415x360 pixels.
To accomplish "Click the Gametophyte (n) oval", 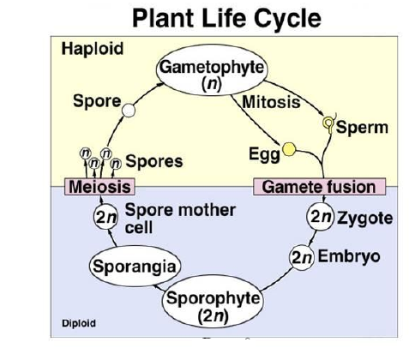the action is [212, 69].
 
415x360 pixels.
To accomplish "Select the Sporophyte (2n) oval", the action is [213, 302].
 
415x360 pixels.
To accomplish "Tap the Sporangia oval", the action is [135, 266].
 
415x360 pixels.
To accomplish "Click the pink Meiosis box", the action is [99, 187].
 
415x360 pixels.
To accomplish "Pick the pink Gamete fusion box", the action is [319, 187].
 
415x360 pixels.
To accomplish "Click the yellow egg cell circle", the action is [289, 149].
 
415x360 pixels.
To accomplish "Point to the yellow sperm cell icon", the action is [328, 123].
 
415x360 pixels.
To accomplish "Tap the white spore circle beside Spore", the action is [129, 111].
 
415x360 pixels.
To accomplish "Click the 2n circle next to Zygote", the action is [320, 217].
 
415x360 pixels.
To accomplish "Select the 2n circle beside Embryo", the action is [302, 257].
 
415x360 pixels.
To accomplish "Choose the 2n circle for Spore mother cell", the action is [105, 217].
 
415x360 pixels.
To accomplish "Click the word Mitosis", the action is [271, 102].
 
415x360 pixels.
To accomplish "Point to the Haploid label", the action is [93, 49].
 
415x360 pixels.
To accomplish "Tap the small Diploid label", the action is [79, 323].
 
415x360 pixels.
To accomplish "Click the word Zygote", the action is [364, 219].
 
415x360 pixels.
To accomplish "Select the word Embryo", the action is [349, 256].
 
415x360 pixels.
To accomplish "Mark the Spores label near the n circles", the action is [154, 161].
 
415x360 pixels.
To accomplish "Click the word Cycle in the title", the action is [287, 18].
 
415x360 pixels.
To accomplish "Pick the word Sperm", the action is [362, 128].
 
